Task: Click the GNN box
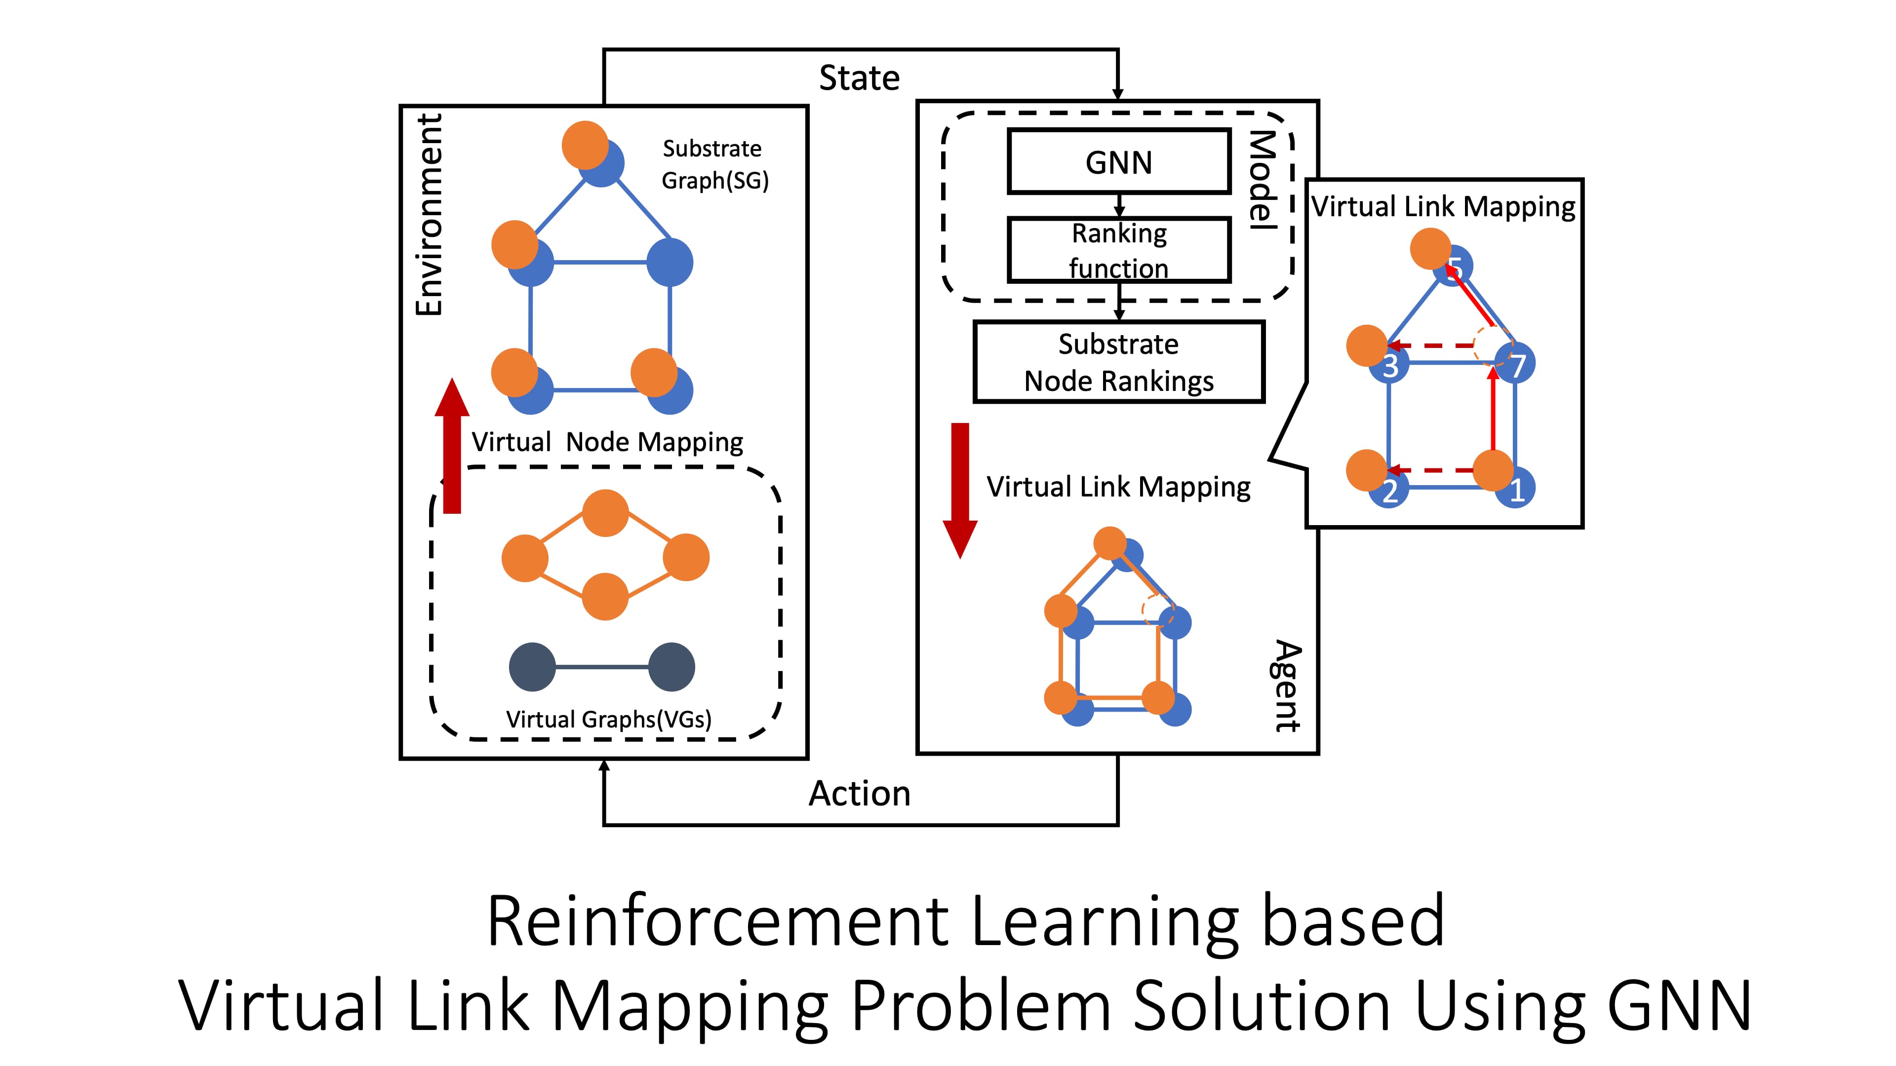pos(1118,162)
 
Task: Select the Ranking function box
pos(1118,250)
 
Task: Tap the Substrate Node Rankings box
pos(1118,362)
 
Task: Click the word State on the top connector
pos(859,78)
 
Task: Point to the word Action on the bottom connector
pos(859,794)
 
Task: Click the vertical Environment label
pos(429,215)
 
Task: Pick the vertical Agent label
pos(1287,685)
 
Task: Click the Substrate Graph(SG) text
pos(714,164)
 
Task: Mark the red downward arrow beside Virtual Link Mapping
pos(960,489)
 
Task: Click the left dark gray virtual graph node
pos(532,667)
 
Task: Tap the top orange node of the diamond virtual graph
pos(605,513)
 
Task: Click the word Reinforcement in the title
pos(717,921)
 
